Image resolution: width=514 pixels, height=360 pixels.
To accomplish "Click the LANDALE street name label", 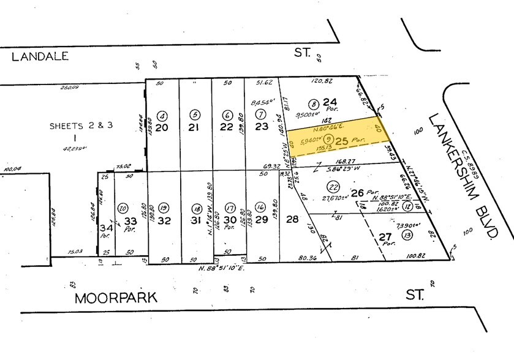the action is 39,56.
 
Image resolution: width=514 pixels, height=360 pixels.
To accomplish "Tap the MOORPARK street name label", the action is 116,298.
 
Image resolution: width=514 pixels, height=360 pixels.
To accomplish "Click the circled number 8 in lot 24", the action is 313,103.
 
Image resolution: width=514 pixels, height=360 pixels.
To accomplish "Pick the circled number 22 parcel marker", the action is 333,187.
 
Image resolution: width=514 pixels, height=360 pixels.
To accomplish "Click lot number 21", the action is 195,127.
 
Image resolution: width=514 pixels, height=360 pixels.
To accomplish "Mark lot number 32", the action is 163,220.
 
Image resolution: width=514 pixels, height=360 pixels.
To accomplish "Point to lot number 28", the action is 292,220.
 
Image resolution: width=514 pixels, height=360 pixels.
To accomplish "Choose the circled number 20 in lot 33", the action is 123,207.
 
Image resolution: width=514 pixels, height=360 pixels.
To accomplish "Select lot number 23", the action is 262,127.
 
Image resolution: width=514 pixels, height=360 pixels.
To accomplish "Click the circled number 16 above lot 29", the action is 260,207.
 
